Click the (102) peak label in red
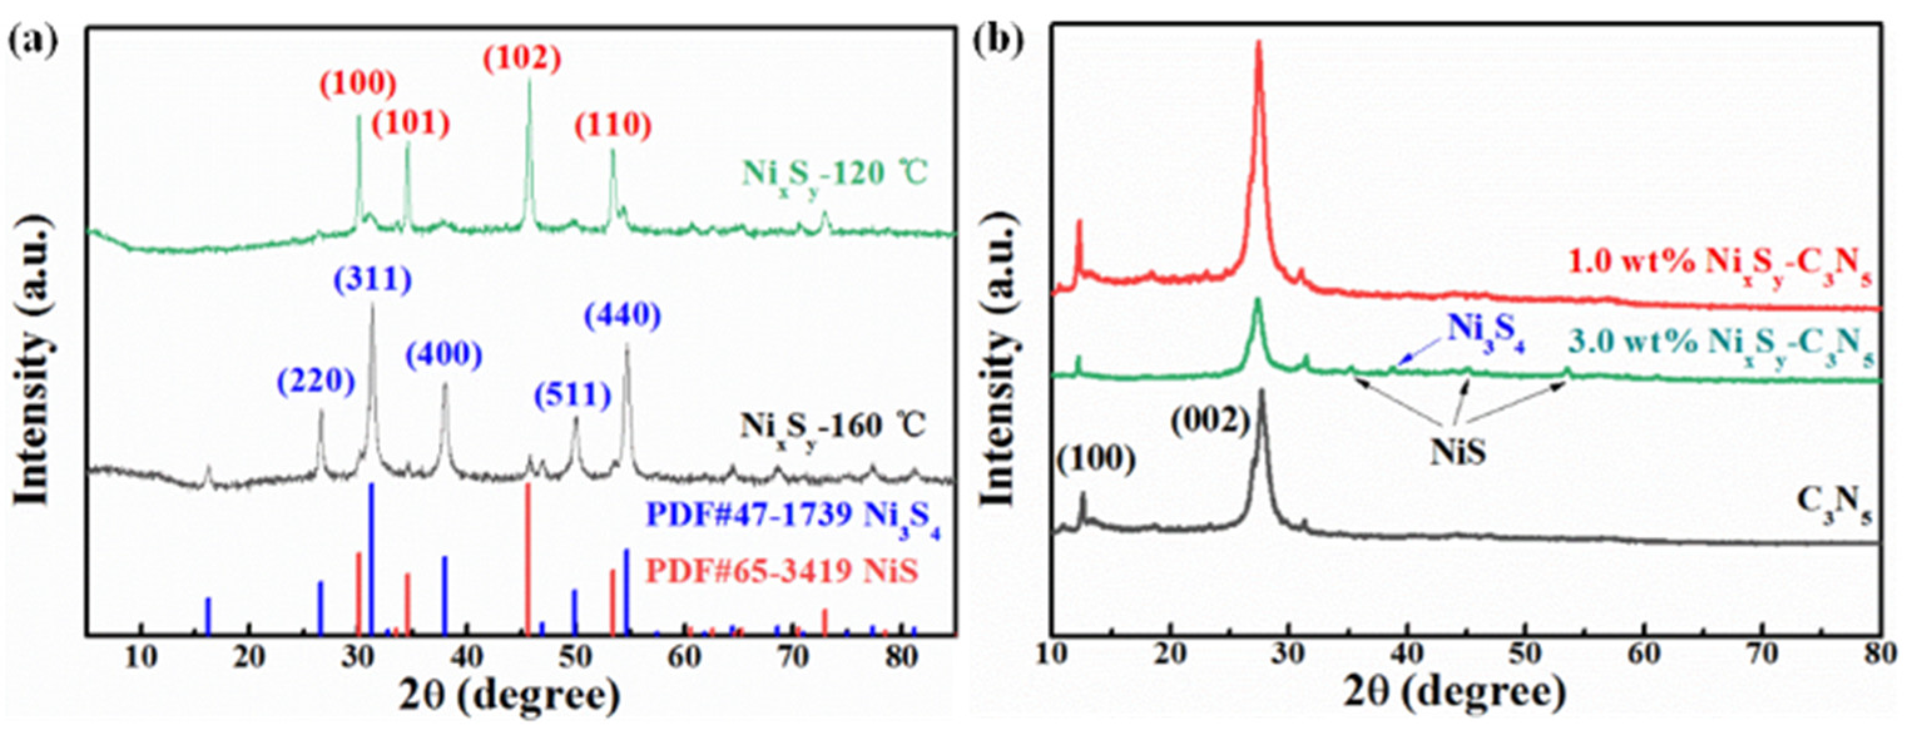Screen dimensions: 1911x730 tap(523, 58)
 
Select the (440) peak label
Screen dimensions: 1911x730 tap(622, 316)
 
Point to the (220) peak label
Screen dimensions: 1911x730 tap(317, 381)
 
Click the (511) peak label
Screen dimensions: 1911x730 tap(572, 394)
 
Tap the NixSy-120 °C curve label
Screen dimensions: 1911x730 tap(834, 176)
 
